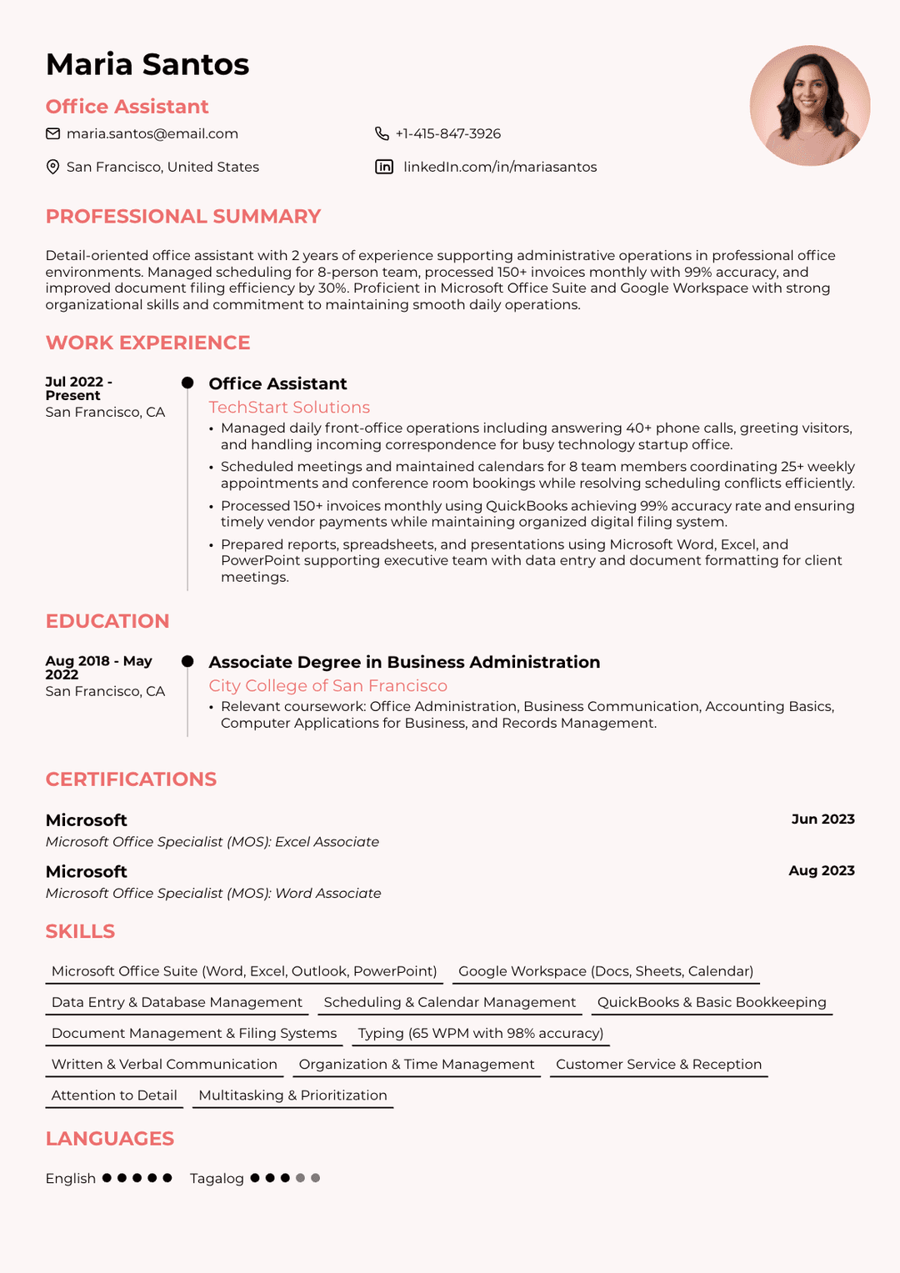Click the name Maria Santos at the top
[x=147, y=64]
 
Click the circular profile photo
[x=809, y=106]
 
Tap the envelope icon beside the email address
[x=52, y=133]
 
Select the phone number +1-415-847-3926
[x=447, y=133]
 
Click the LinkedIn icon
[x=384, y=167]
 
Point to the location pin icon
[x=52, y=167]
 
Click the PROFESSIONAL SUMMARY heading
[x=182, y=217]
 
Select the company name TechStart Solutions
[x=289, y=407]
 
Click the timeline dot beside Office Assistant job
[x=187, y=383]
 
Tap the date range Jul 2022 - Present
[x=78, y=388]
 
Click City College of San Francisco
[x=327, y=685]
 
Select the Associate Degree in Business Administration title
[x=404, y=662]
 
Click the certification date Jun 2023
[x=822, y=819]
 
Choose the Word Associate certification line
[x=213, y=893]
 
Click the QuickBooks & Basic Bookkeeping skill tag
[x=712, y=1002]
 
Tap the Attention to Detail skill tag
[x=114, y=1095]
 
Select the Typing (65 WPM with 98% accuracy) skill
[x=481, y=1033]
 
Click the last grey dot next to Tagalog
[x=315, y=1178]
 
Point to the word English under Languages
[x=71, y=1178]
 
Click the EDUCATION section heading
[x=107, y=621]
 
